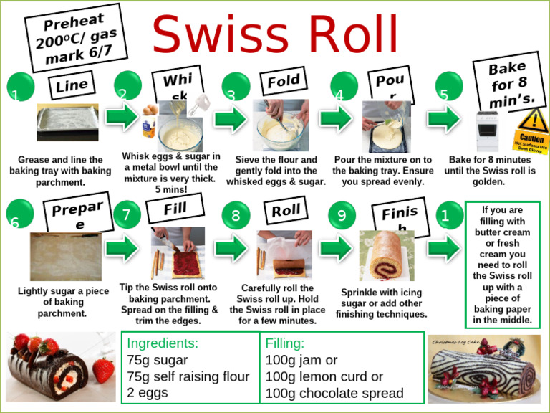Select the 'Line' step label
coord(72,86)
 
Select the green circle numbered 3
coord(235,87)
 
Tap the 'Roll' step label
coord(286,212)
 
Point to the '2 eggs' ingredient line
coord(148,393)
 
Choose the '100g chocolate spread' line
coord(334,393)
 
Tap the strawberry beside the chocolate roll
coord(103,370)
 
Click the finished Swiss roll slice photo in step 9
coord(387,255)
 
